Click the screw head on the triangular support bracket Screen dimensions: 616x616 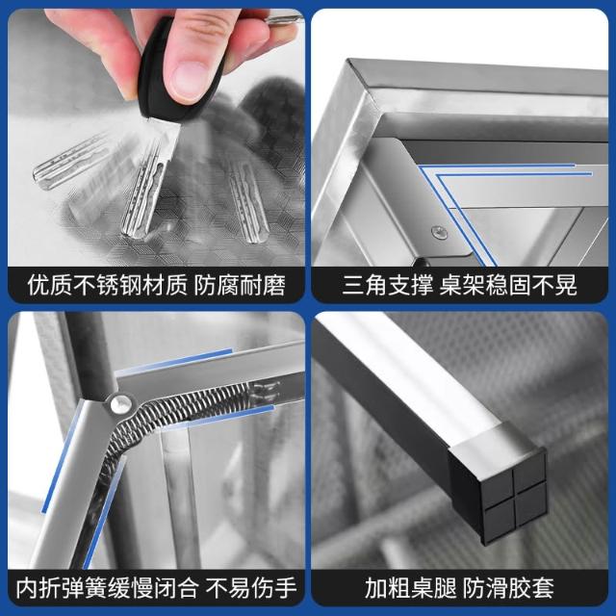pyautogui.click(x=439, y=233)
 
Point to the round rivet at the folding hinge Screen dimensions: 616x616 pyautogui.click(x=120, y=404)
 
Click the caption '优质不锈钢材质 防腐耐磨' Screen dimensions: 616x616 pyautogui.click(x=156, y=285)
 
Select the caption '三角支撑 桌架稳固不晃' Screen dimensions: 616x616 pyautogui.click(x=459, y=285)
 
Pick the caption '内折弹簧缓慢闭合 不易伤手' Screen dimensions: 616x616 pyautogui.click(x=156, y=588)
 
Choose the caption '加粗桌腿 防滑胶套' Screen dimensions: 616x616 pyautogui.click(x=459, y=588)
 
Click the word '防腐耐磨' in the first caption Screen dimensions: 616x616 pyautogui.click(x=240, y=285)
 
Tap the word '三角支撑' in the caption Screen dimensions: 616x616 pyautogui.click(x=387, y=285)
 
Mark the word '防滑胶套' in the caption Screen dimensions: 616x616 pyautogui.click(x=508, y=588)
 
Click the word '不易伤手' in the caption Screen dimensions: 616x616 pyautogui.click(x=251, y=588)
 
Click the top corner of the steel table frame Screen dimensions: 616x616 pyautogui.click(x=348, y=59)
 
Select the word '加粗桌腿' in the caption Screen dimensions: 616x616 pyautogui.click(x=411, y=588)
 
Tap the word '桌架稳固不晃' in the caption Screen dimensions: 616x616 pyautogui.click(x=508, y=285)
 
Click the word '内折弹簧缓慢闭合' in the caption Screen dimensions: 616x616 pyautogui.click(x=108, y=588)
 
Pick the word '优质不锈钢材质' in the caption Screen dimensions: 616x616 pyautogui.click(x=108, y=285)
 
